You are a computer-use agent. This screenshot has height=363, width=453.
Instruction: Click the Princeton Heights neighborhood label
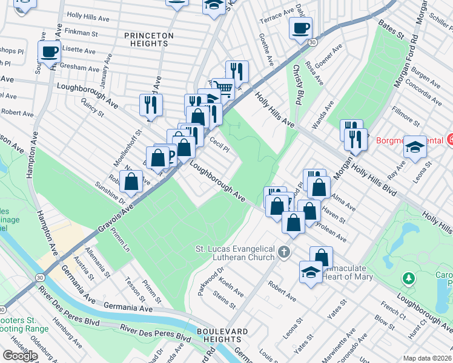coord(149,39)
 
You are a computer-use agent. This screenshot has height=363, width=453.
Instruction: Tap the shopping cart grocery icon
coord(225,90)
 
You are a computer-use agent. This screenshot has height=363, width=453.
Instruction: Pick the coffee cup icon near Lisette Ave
coord(49,51)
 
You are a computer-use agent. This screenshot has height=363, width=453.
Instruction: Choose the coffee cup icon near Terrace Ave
coord(300,28)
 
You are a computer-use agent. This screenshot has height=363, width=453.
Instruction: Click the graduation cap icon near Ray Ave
coord(415,147)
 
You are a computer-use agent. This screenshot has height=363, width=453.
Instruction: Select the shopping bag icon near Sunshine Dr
coord(131,181)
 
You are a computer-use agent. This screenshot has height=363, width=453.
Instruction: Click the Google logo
coord(20,356)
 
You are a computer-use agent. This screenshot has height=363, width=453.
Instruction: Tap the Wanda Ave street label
coord(329,111)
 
